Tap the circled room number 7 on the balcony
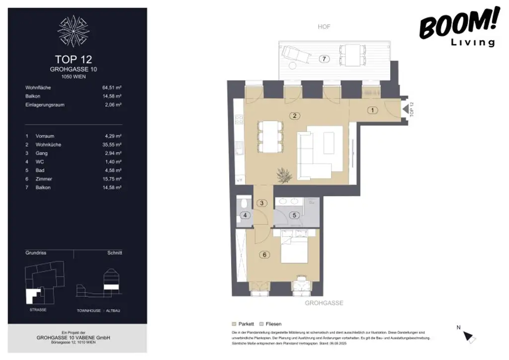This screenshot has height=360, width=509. point(324,59)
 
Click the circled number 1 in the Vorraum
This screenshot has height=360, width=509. point(372,110)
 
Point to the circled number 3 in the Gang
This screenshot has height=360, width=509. point(262,203)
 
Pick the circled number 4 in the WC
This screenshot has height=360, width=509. point(245,215)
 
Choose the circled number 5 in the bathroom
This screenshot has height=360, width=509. point(294,215)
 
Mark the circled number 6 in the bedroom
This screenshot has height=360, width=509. point(265,255)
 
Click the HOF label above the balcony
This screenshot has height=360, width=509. point(324,27)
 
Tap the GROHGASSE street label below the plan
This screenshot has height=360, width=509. point(324,303)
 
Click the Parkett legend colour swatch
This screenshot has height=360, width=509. point(235,324)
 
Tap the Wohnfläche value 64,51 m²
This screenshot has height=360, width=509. point(112,88)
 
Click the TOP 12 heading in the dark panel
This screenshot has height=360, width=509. point(73,59)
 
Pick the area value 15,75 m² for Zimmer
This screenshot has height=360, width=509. point(112,179)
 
